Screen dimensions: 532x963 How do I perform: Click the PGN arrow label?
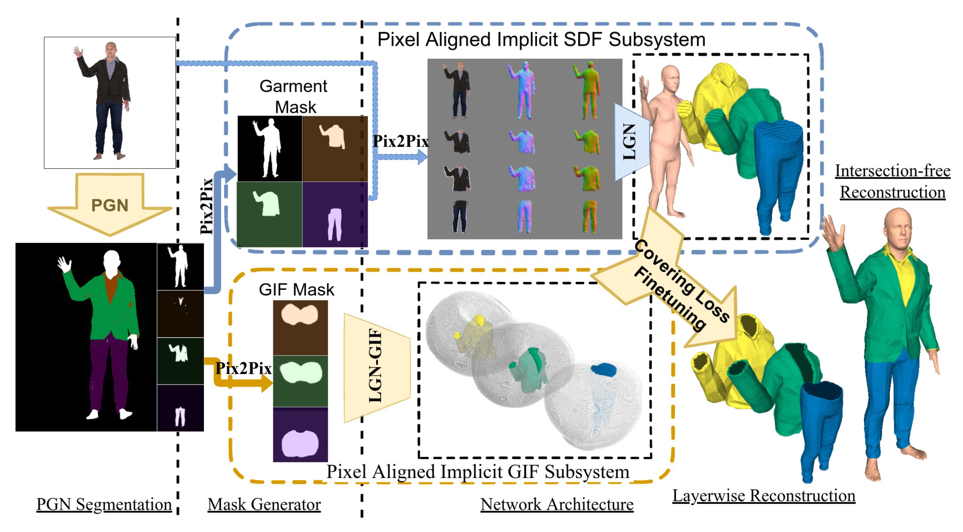click(110, 205)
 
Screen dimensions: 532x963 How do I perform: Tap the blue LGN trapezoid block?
click(631, 142)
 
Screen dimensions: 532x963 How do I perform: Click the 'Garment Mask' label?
click(294, 97)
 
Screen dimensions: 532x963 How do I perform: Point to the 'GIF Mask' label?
click(296, 289)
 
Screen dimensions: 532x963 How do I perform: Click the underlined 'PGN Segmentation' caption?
click(104, 504)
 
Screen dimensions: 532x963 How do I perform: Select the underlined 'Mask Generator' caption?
click(264, 504)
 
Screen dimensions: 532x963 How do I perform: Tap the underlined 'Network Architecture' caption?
click(557, 504)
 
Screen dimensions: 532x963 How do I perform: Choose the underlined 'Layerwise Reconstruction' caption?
click(763, 495)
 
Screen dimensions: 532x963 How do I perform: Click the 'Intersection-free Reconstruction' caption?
click(892, 181)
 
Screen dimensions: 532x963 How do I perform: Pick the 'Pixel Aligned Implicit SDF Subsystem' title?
click(541, 39)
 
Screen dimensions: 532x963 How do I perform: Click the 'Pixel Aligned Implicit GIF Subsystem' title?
click(478, 472)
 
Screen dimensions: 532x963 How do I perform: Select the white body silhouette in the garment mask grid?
click(270, 149)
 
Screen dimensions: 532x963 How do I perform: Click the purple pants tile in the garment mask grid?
click(335, 215)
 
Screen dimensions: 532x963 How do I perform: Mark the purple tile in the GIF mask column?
click(300, 435)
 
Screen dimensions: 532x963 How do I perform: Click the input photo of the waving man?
click(110, 103)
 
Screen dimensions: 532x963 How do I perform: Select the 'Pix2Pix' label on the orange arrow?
click(243, 368)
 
